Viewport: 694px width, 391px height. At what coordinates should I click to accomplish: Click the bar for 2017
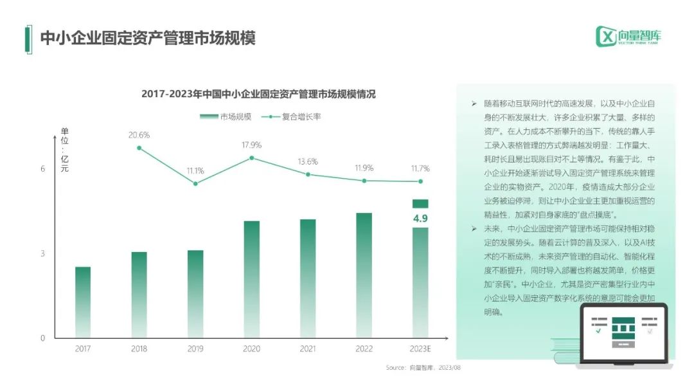point(83,302)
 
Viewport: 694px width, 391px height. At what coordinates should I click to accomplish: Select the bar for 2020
point(252,279)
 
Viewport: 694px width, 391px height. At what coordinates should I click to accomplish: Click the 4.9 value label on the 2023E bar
point(420,218)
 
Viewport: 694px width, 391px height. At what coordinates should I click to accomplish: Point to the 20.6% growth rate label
point(139,135)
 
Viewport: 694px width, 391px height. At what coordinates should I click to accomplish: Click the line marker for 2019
point(195,183)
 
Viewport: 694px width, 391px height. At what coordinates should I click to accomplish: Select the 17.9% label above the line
point(251,145)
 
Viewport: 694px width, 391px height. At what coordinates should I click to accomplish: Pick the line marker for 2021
point(308,174)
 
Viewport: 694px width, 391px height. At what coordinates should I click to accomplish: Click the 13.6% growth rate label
point(308,161)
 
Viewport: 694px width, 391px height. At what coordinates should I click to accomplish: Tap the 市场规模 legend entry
point(226,117)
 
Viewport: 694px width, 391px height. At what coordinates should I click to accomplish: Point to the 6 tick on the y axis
point(43,169)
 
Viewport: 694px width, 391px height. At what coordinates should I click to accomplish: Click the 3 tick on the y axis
point(43,253)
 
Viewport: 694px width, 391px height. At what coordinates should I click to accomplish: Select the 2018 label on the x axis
point(139,349)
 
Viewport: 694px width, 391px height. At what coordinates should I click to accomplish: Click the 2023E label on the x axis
point(420,349)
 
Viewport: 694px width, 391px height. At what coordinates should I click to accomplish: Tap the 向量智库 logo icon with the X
point(606,36)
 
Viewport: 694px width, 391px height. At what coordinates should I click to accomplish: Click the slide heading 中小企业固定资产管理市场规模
point(148,38)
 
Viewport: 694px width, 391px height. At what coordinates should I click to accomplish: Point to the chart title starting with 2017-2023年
point(258,94)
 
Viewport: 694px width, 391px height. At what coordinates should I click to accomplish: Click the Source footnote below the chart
point(423,367)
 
